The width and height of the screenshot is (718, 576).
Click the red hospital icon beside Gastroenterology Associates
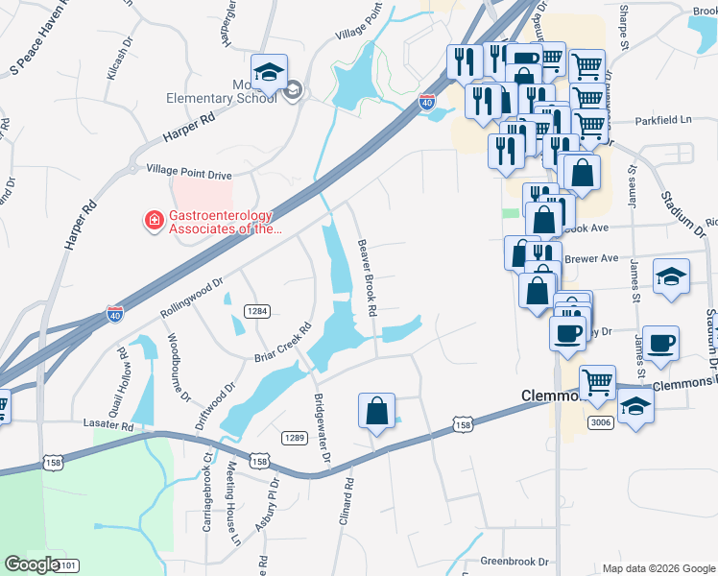click(153, 223)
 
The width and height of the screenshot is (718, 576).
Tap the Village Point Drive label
click(189, 175)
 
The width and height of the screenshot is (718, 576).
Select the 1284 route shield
click(256, 311)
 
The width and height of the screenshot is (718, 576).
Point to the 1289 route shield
click(294, 438)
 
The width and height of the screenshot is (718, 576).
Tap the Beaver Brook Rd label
click(366, 278)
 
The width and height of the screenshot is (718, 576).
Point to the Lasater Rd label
click(107, 424)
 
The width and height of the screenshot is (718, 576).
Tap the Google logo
click(33, 564)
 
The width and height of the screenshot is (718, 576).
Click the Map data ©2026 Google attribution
click(658, 568)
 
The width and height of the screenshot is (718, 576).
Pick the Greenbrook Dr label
click(518, 561)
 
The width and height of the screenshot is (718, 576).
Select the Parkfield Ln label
click(662, 122)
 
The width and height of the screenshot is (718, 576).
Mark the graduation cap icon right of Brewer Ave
click(671, 277)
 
